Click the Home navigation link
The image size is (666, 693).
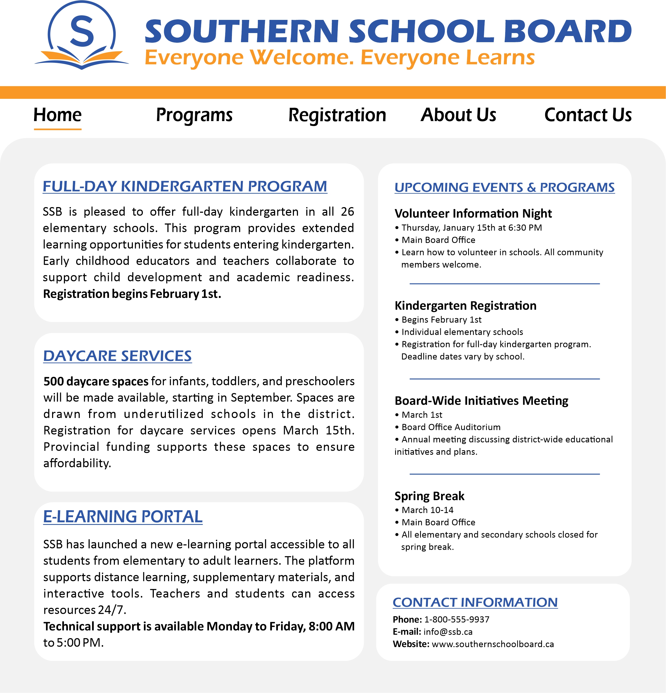58,115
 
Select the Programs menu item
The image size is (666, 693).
194,115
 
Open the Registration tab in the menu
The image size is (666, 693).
337,115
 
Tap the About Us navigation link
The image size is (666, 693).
458,115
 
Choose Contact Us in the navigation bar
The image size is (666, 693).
588,115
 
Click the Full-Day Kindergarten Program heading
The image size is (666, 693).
185,186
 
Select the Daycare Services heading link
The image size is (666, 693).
117,356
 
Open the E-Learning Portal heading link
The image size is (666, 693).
123,517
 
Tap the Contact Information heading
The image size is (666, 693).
475,602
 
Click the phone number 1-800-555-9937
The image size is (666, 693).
457,619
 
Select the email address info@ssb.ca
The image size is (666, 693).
448,632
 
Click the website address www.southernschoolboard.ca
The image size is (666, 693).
493,644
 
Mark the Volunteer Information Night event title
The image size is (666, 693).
473,214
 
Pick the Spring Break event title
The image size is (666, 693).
429,496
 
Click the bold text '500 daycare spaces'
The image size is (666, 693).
96,381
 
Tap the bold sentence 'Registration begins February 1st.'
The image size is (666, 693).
132,294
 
